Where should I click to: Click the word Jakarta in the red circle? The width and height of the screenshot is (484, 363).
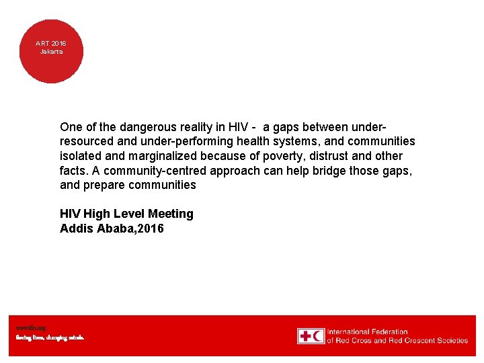pyautogui.click(x=51, y=52)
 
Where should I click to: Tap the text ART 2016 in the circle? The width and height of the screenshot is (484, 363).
pyautogui.click(x=51, y=44)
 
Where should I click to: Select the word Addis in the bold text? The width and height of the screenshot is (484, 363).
pyautogui.click(x=75, y=229)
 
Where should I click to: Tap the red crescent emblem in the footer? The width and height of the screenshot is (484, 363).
pyautogui.click(x=318, y=336)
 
